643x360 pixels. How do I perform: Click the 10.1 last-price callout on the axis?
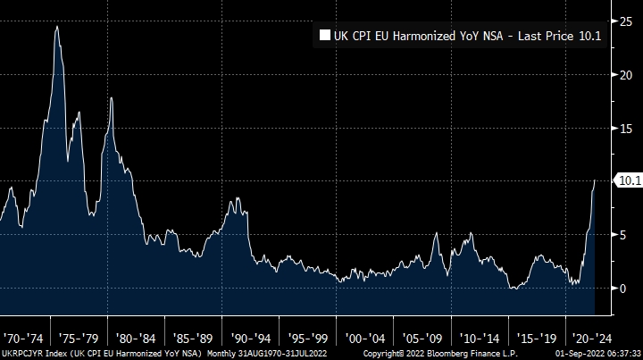pyautogui.click(x=629, y=180)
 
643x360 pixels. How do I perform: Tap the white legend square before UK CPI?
pyautogui.click(x=324, y=37)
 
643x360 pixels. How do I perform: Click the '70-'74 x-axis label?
pyautogui.click(x=21, y=339)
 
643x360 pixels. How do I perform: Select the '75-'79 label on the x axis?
pyautogui.click(x=79, y=339)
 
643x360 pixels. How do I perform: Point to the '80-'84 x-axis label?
pyautogui.click(x=136, y=339)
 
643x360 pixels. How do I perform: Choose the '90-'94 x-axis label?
pyautogui.click(x=250, y=339)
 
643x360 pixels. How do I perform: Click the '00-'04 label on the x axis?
pyautogui.click(x=364, y=339)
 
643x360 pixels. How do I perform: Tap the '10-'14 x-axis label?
pyautogui.click(x=479, y=339)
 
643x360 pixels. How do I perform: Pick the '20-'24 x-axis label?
pyautogui.click(x=593, y=339)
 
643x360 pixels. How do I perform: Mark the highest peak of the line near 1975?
pyautogui.click(x=57, y=26)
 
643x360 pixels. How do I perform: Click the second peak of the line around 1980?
pyautogui.click(x=111, y=98)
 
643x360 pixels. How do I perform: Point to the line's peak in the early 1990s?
pyautogui.click(x=237, y=198)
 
